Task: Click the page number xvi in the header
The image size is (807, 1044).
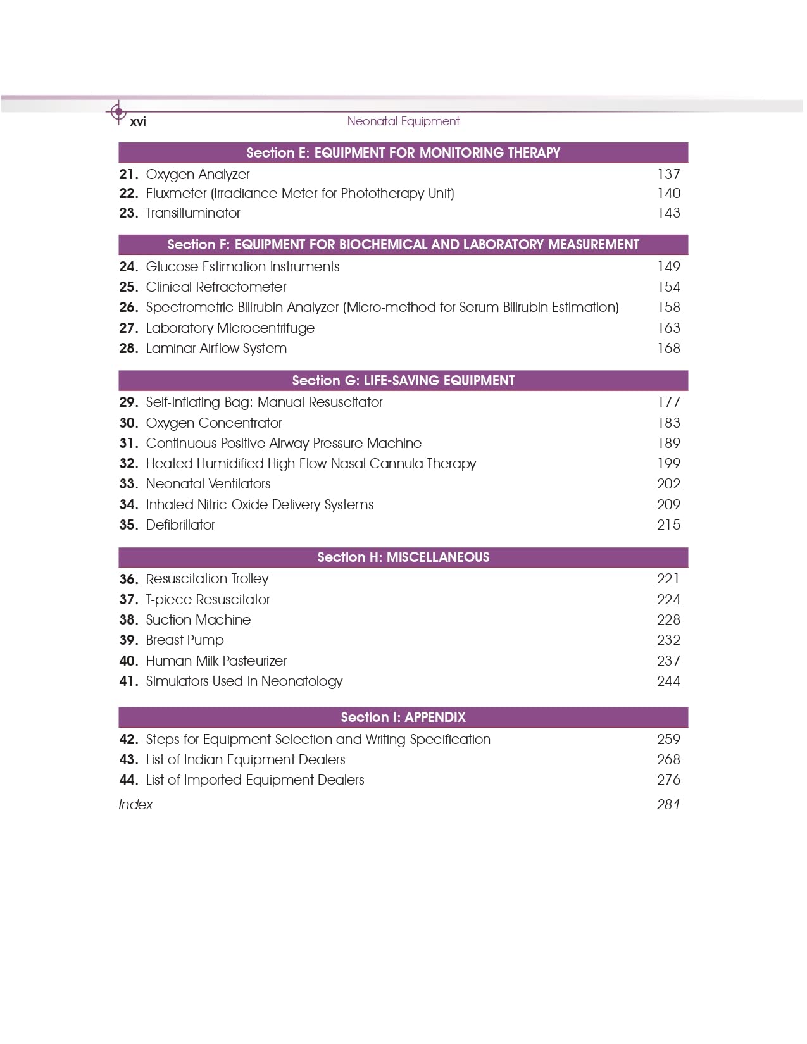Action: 137,121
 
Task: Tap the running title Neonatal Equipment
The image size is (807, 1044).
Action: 403,121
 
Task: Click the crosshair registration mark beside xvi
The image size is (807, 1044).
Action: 118,112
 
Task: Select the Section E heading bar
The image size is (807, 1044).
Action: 403,152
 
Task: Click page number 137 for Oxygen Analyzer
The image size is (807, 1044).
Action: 668,174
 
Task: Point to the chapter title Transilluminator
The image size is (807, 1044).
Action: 193,213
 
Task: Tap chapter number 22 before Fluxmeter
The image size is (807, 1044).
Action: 128,193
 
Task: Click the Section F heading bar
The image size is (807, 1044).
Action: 403,244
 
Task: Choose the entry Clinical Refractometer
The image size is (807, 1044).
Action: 216,287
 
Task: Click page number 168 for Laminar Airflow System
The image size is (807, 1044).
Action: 668,348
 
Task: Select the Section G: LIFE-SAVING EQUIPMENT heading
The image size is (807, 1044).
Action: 403,380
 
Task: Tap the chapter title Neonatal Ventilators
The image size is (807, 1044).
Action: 208,483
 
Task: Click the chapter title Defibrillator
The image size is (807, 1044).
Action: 180,525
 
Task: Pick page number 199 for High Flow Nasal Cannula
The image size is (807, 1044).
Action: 668,463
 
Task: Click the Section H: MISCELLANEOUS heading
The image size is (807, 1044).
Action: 403,557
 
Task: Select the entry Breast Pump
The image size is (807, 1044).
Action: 185,640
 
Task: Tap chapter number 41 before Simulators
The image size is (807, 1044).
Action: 128,681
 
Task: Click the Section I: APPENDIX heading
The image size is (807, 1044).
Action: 403,717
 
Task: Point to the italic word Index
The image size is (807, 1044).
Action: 135,804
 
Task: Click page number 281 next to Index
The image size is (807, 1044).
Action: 668,804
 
